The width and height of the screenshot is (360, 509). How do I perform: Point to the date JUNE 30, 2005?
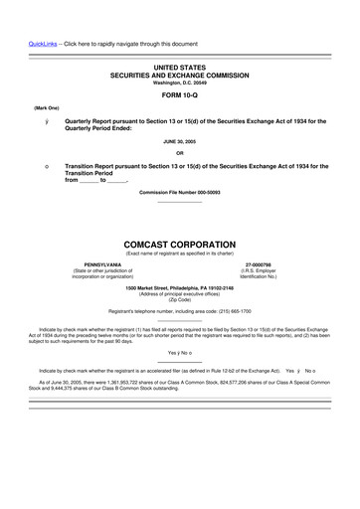coord(180,142)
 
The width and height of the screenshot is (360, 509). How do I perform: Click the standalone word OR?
coord(180,153)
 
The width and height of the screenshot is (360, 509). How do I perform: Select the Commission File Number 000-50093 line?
coord(180,191)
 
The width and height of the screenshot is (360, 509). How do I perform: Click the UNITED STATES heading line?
coord(180,65)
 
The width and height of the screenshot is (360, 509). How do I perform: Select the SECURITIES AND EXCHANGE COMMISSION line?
coord(180,73)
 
